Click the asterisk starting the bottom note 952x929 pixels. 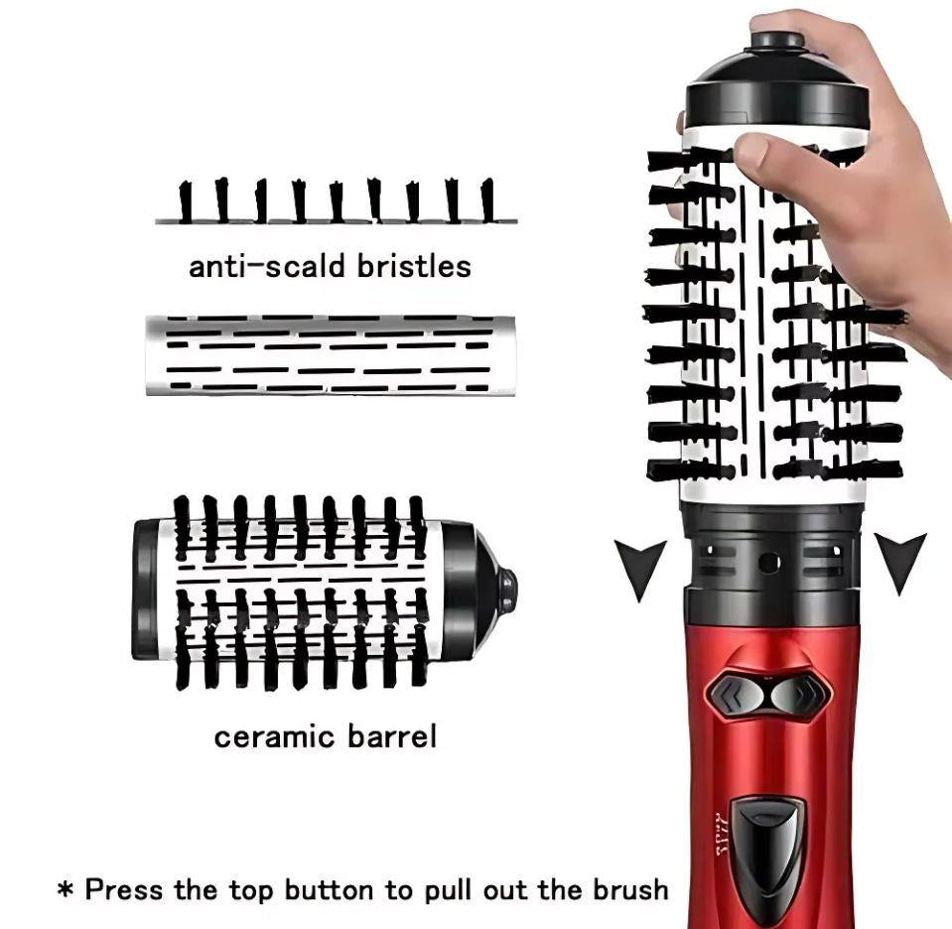click(66, 889)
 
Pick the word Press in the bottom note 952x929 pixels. click(122, 888)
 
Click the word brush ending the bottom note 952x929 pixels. click(627, 888)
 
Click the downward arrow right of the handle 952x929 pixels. click(899, 562)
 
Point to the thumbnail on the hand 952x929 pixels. click(751, 152)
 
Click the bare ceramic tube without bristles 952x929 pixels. click(331, 355)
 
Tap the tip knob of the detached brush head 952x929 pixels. click(507, 591)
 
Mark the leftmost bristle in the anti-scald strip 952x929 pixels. click(185, 201)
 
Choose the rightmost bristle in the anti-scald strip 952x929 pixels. click(487, 200)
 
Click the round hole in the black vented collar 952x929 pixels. click(769, 562)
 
